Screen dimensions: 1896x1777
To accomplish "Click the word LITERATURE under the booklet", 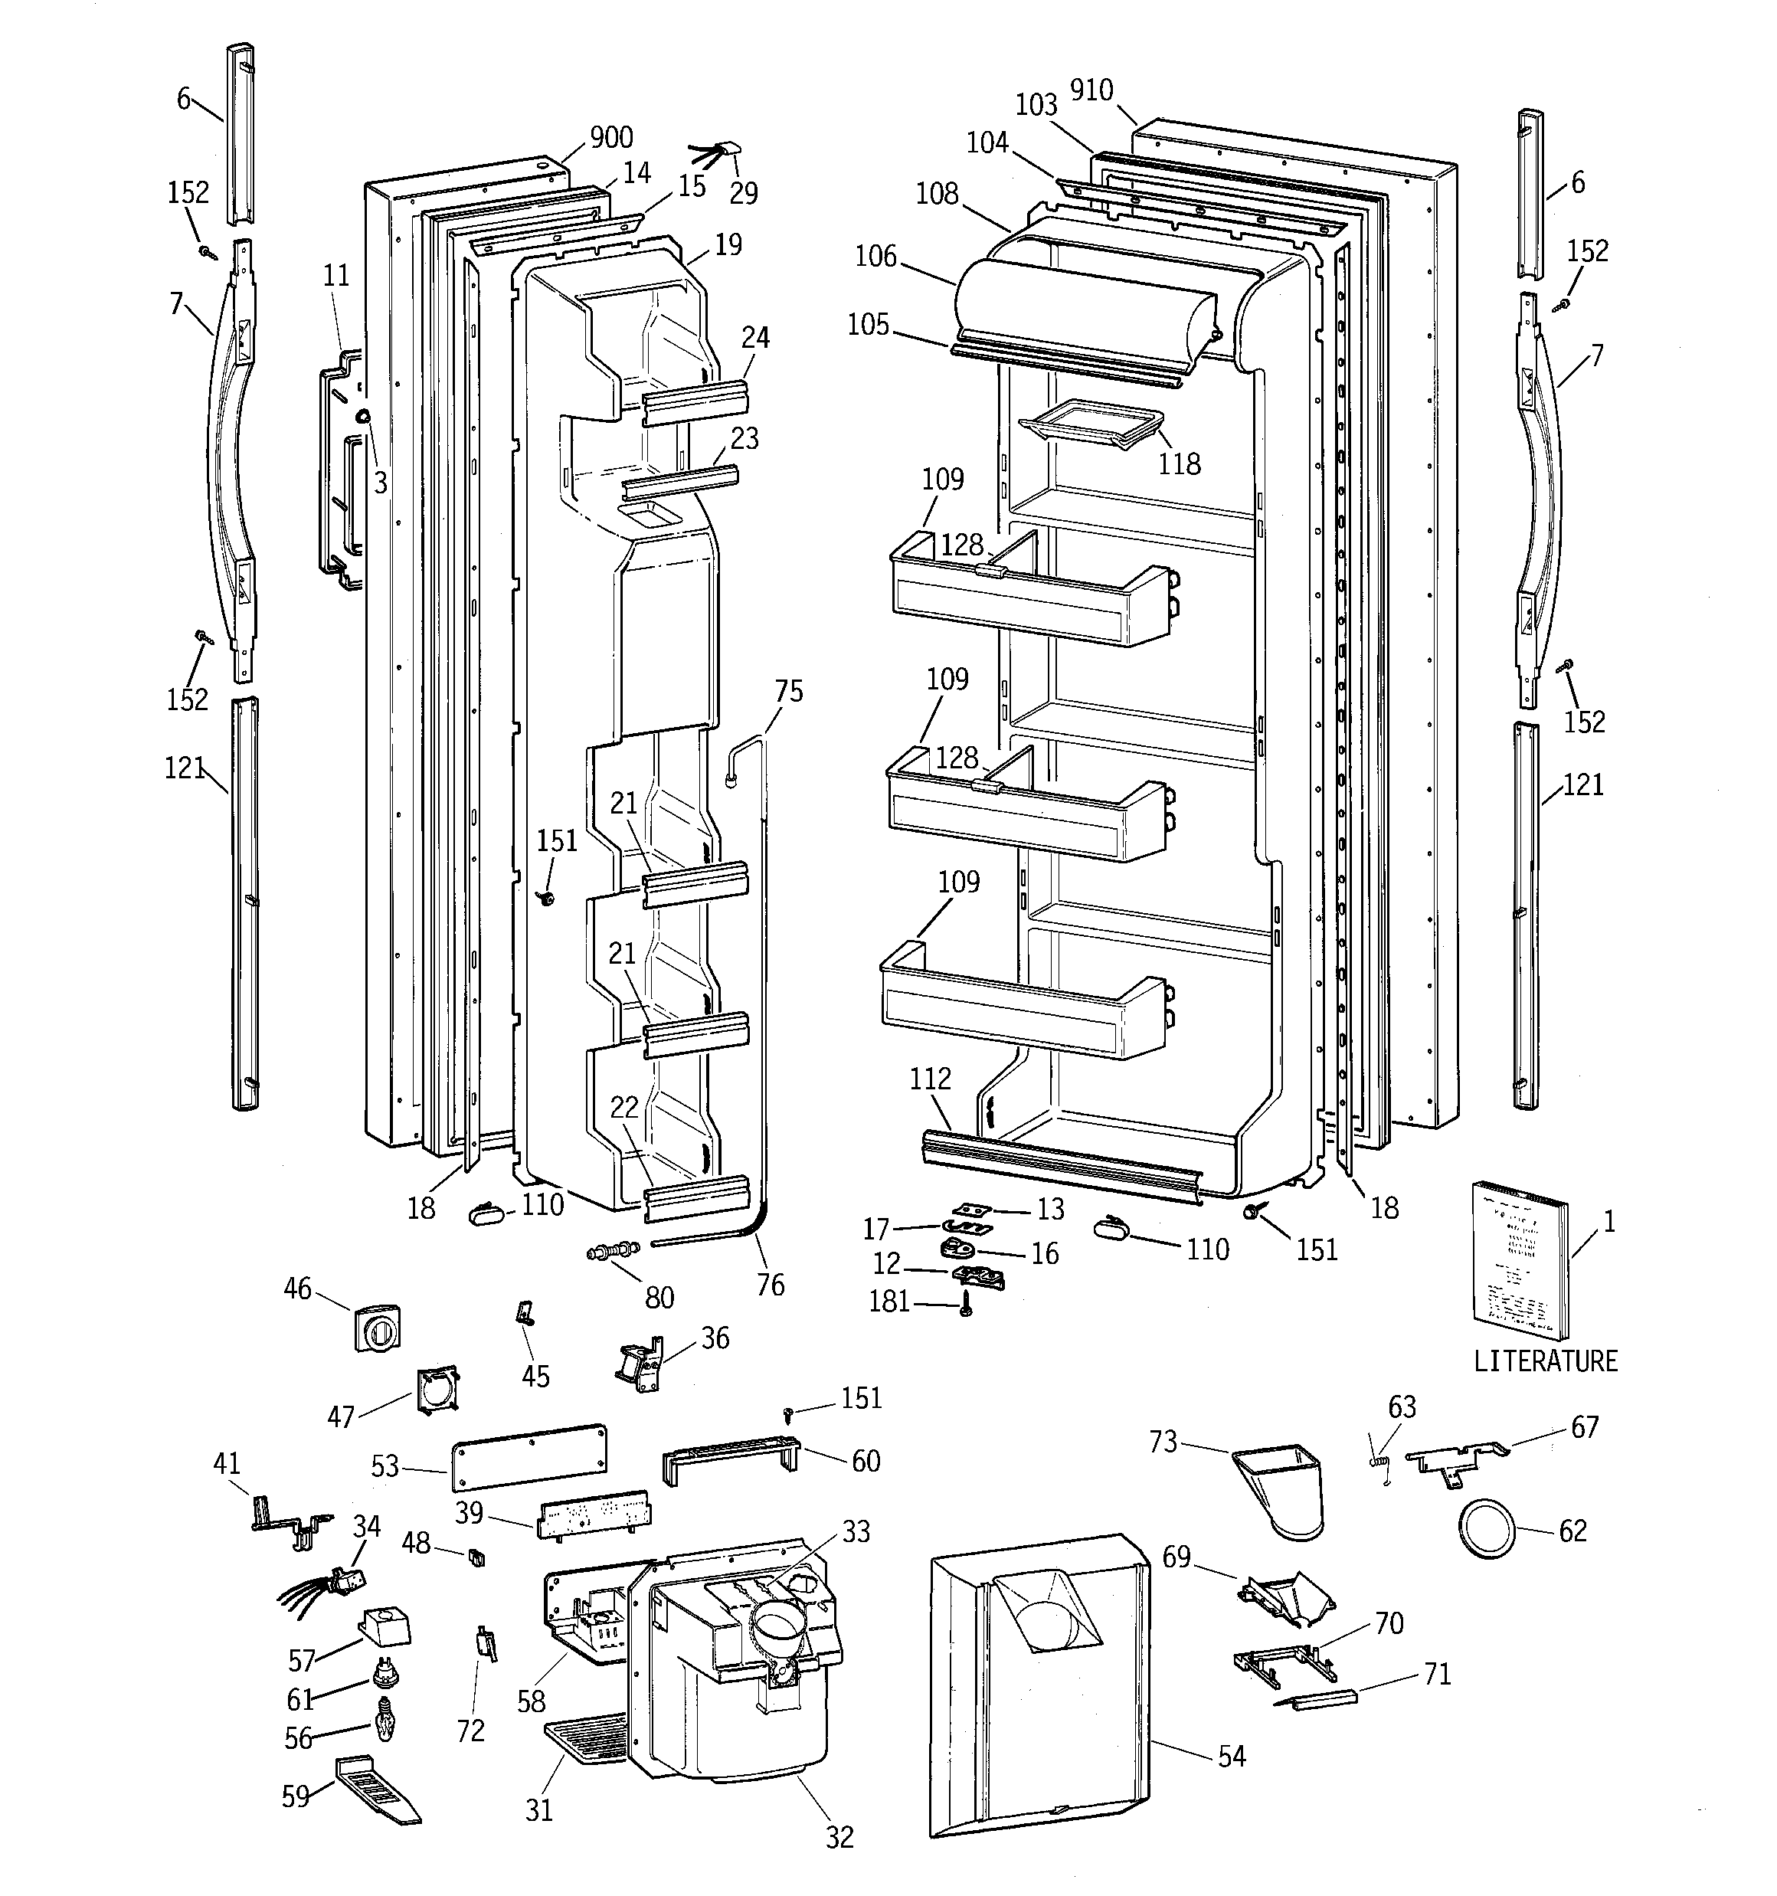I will (x=1545, y=1361).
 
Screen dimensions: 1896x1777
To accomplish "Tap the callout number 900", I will (x=610, y=139).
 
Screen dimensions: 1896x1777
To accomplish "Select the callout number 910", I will (x=1091, y=90).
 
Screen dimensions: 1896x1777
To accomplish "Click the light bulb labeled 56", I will (x=385, y=1724).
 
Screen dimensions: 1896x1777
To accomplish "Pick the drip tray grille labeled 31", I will (x=584, y=1739).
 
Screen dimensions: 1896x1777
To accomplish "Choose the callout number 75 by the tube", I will (x=789, y=692).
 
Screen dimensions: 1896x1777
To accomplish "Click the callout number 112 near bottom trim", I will (x=930, y=1079).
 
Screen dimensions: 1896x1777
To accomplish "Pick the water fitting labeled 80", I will (x=611, y=1250).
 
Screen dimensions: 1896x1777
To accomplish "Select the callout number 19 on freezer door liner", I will (x=728, y=245).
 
